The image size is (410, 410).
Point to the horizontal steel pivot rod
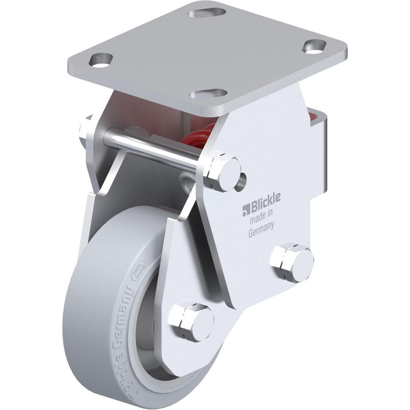click(x=152, y=149)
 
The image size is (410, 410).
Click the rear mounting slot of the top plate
click(x=207, y=13)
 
